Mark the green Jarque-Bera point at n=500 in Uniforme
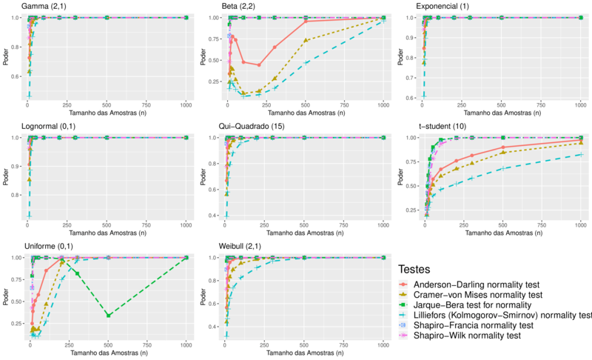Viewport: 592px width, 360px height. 108,316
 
